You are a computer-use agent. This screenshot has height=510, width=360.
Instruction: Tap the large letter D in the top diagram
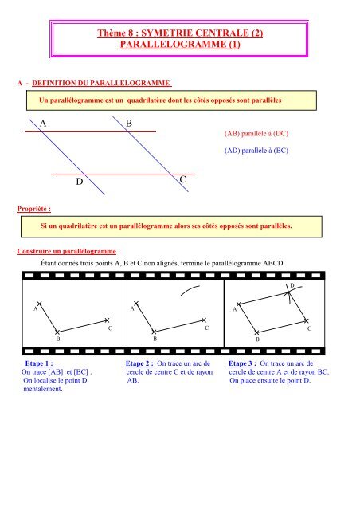coord(80,182)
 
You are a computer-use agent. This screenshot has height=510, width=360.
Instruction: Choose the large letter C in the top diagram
coord(183,182)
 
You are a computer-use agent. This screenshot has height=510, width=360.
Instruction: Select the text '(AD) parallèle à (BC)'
coord(251,151)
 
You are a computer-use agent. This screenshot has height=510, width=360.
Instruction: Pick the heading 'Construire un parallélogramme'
coord(67,252)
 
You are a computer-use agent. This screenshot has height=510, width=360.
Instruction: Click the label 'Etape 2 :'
coord(143,362)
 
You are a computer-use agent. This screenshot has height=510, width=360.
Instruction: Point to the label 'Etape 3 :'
coord(245,362)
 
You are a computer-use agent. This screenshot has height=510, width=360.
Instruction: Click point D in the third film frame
coord(292,285)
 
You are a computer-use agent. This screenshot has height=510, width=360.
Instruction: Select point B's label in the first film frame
coord(58,339)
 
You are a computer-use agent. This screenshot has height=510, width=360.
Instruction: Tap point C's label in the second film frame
coord(206,328)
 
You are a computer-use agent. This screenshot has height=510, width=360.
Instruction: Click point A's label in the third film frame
coord(234,308)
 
